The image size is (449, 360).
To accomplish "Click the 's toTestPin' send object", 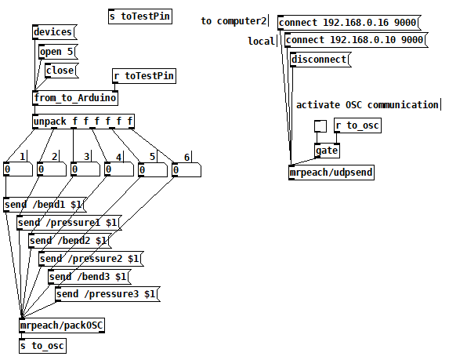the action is (x=140, y=16).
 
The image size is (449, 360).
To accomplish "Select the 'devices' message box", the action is (x=54, y=32).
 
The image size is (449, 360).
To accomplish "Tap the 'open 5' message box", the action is (x=58, y=52).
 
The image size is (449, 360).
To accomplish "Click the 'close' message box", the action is (x=62, y=71).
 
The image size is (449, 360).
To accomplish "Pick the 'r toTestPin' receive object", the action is (x=144, y=76).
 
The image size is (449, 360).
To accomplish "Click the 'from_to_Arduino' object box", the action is (x=75, y=98).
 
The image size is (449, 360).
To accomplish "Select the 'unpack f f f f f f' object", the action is (x=83, y=122).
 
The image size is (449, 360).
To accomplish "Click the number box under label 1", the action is (x=18, y=169).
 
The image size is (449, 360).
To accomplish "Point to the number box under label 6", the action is (x=186, y=169).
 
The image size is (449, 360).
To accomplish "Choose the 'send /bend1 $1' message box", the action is (x=45, y=205).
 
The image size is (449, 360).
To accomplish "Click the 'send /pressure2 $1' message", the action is (x=91, y=259).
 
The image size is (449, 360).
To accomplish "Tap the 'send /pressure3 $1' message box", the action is (x=107, y=294).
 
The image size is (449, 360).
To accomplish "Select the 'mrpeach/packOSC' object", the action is (x=62, y=325).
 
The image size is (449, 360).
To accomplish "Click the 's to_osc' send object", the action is (x=42, y=346).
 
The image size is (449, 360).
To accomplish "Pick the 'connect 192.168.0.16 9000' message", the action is (x=349, y=23).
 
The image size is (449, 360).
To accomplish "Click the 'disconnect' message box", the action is (x=320, y=60).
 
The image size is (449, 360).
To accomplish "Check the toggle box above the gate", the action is (x=320, y=126).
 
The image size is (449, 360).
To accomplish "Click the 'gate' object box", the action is (x=327, y=151).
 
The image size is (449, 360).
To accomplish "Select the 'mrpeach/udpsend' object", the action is (x=331, y=173).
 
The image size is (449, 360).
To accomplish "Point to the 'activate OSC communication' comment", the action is (x=368, y=105).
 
